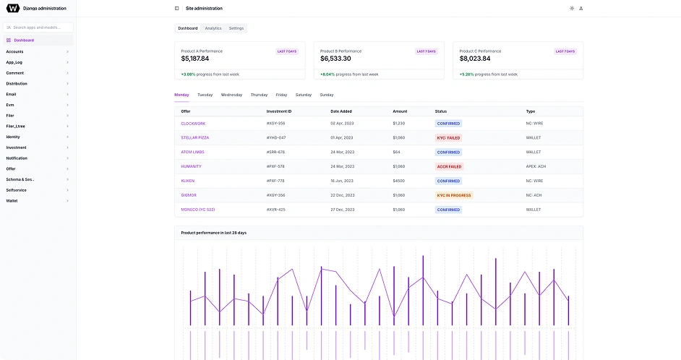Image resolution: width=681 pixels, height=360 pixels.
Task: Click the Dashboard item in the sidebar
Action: click(x=24, y=40)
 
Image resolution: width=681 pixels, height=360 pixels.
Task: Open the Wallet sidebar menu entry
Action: click(x=12, y=201)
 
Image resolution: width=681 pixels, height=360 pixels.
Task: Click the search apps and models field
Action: click(x=40, y=27)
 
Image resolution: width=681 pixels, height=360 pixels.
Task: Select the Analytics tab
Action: click(x=213, y=28)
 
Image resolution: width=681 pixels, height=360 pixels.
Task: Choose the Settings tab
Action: click(x=236, y=28)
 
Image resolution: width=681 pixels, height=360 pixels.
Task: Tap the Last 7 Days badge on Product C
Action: click(x=565, y=51)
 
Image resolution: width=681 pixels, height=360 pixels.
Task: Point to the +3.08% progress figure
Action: click(x=188, y=74)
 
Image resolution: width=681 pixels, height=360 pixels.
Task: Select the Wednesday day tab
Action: click(x=231, y=95)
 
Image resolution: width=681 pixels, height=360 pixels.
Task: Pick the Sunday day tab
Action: click(x=327, y=95)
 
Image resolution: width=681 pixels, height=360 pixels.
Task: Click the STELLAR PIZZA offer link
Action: click(x=195, y=137)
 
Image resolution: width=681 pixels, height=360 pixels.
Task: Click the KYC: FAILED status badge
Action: click(x=448, y=137)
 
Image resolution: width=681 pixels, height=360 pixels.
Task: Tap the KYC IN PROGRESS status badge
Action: click(x=454, y=195)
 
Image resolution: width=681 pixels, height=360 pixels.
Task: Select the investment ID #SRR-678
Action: click(x=275, y=152)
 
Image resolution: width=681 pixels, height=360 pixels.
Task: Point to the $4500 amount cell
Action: click(x=398, y=181)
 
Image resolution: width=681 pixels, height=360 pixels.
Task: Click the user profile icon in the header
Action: click(x=581, y=9)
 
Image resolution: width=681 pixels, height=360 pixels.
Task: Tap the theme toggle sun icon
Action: click(x=572, y=9)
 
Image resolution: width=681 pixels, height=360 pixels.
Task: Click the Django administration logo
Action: click(x=13, y=9)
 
